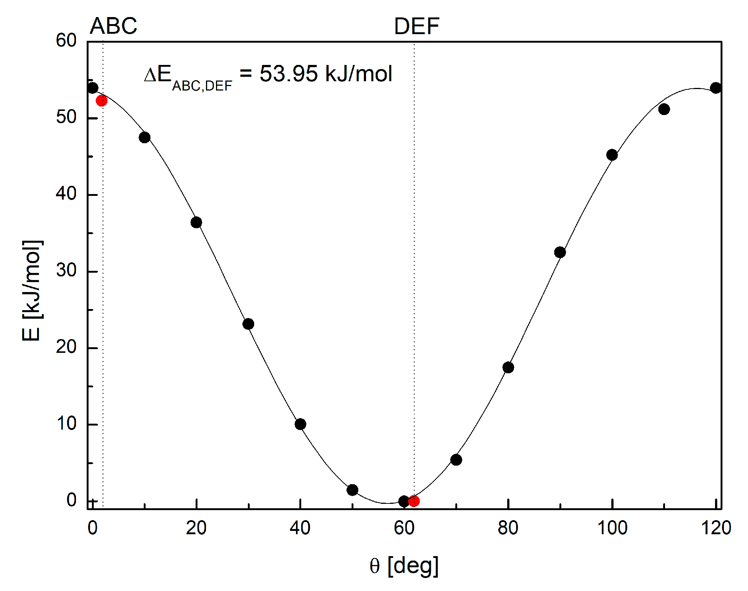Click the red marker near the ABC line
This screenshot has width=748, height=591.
pyautogui.click(x=102, y=101)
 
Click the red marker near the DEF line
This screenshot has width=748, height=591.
pyautogui.click(x=414, y=501)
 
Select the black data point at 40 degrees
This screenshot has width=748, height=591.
pyautogui.click(x=300, y=424)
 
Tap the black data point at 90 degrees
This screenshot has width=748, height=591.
pyautogui.click(x=560, y=252)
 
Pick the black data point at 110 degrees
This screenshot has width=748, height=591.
pyautogui.click(x=664, y=109)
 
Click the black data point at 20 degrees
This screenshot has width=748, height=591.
pyautogui.click(x=196, y=222)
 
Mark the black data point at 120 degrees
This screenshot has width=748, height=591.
pyautogui.click(x=716, y=88)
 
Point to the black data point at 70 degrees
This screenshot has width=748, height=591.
pyautogui.click(x=456, y=460)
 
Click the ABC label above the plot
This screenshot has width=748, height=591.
pyautogui.click(x=113, y=26)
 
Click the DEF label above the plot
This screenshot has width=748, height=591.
pyautogui.click(x=416, y=26)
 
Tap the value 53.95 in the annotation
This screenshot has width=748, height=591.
pyautogui.click(x=288, y=73)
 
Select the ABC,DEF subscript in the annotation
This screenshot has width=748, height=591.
pyautogui.click(x=202, y=86)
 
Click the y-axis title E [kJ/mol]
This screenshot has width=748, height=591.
pyautogui.click(x=32, y=290)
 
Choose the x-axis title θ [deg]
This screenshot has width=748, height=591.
pyautogui.click(x=404, y=566)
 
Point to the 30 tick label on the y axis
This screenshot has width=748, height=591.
pyautogui.click(x=66, y=270)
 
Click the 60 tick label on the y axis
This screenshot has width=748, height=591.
pyautogui.click(x=66, y=40)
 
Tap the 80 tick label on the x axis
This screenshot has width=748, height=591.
pyautogui.click(x=508, y=528)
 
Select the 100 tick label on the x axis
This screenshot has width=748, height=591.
pyautogui.click(x=612, y=528)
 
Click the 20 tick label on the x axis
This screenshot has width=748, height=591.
pyautogui.click(x=196, y=528)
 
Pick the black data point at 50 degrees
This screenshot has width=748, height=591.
pyautogui.click(x=352, y=490)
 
